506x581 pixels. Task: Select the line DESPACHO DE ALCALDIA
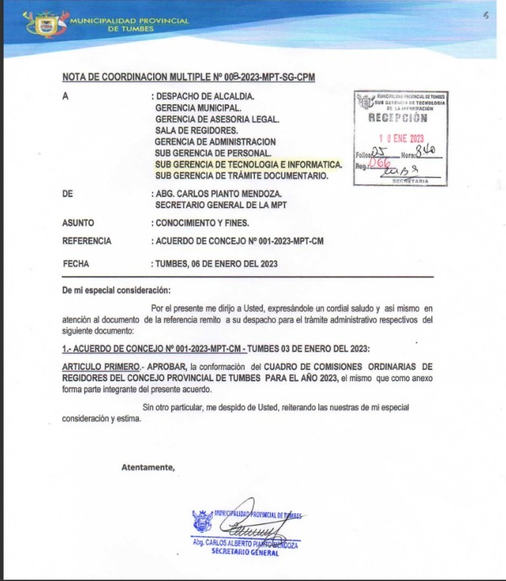(x=206, y=97)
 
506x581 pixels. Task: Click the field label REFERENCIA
(x=87, y=241)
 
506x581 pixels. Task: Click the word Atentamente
(x=147, y=467)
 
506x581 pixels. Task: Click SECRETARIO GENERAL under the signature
(x=245, y=552)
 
